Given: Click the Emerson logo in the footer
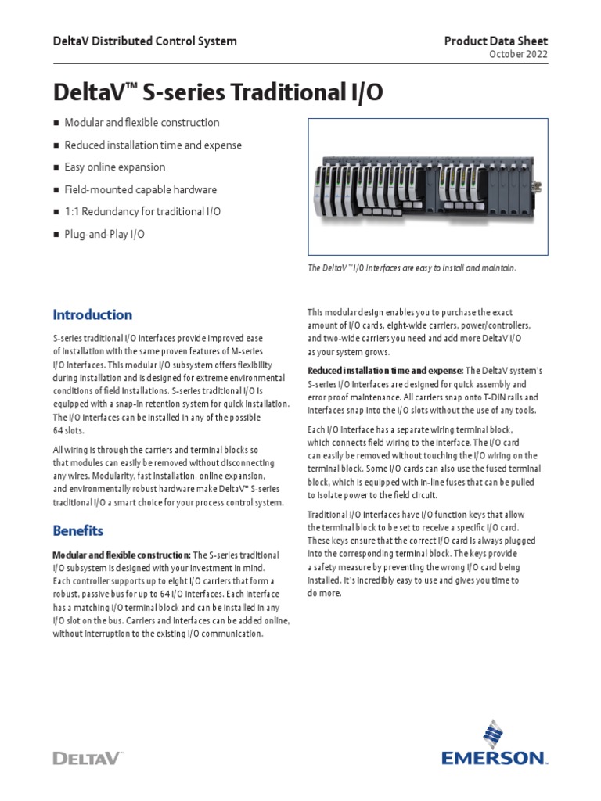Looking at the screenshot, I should (x=494, y=744).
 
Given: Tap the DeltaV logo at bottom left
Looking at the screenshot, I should (x=88, y=757).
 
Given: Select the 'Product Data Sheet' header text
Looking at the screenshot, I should (x=498, y=41).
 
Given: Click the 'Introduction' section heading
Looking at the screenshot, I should (x=92, y=314).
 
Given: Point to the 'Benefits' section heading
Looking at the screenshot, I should (x=77, y=530).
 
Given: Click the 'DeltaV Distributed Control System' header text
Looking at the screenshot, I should (x=144, y=41).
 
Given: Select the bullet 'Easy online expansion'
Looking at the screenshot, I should (x=114, y=167).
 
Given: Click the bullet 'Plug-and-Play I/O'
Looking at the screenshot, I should (x=104, y=234).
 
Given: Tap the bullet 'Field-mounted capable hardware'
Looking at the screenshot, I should (x=140, y=189).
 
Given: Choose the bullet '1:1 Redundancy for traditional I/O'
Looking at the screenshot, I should (x=142, y=212).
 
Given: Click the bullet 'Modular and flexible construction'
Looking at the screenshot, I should (x=142, y=123).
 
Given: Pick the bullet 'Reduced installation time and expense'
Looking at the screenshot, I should (x=153, y=145).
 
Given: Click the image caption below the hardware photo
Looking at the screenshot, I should (x=412, y=268).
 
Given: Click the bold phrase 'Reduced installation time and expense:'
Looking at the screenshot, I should (x=386, y=370).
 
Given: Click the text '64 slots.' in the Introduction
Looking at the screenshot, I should (x=68, y=430).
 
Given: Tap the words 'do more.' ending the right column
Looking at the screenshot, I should (x=324, y=593).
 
